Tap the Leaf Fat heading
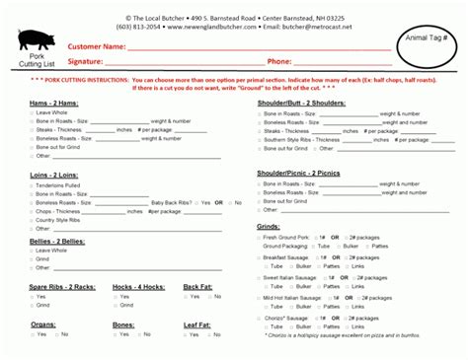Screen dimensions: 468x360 [197, 324]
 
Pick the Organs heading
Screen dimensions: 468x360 [43, 324]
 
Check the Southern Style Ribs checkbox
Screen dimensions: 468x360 [259, 139]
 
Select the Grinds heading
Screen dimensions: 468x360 [269, 226]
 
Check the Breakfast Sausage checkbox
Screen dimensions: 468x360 [259, 256]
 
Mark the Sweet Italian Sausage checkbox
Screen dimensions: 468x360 [259, 277]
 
